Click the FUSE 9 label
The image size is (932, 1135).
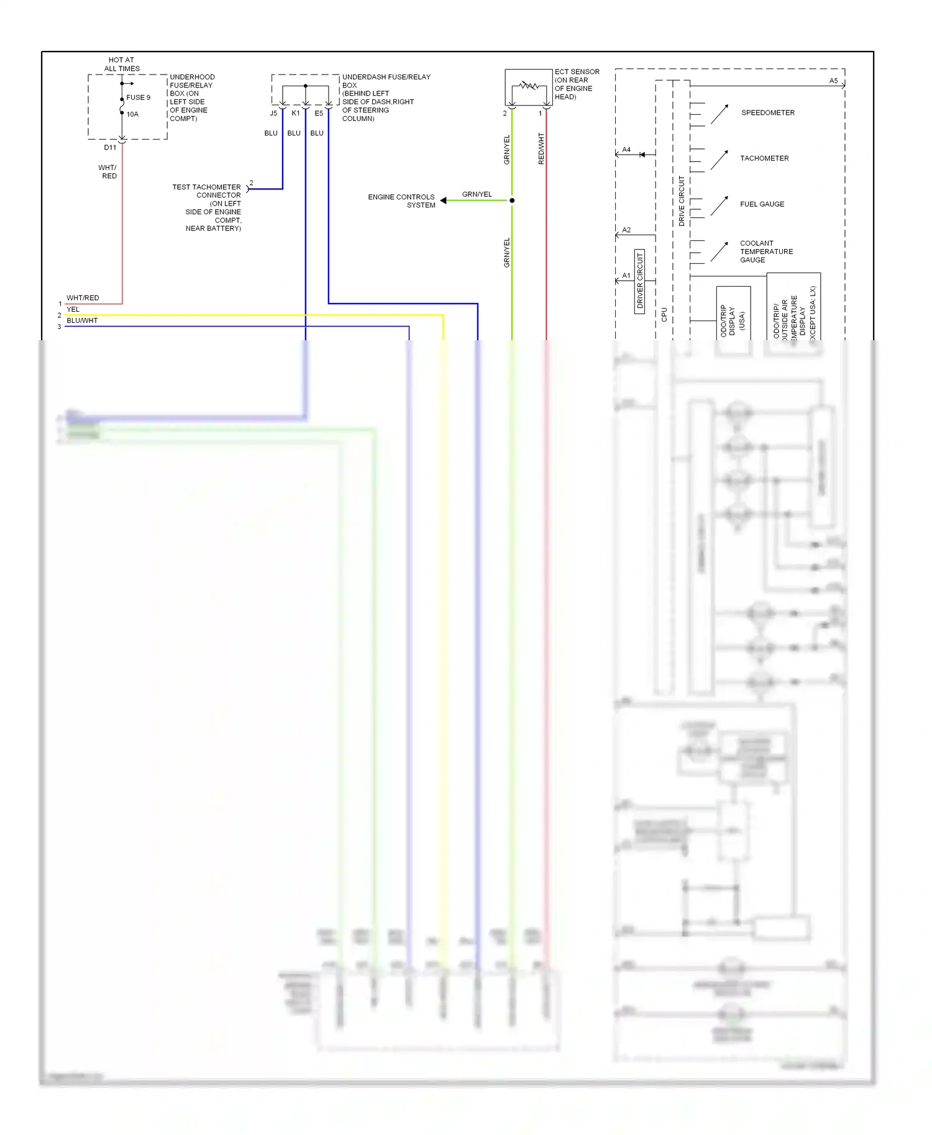pyautogui.click(x=138, y=97)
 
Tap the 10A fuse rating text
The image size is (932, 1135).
pyautogui.click(x=132, y=114)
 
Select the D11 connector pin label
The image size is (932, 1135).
pyautogui.click(x=110, y=148)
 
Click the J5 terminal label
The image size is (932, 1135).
pyautogui.click(x=273, y=114)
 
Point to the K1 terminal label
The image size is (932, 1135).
pyautogui.click(x=296, y=114)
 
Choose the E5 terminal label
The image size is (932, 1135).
pyautogui.click(x=319, y=114)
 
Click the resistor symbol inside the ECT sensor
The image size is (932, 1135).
pyautogui.click(x=529, y=85)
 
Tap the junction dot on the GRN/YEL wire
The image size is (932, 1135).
pyautogui.click(x=512, y=201)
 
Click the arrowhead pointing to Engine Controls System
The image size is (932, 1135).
pyautogui.click(x=443, y=201)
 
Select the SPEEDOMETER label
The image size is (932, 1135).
pyautogui.click(x=767, y=113)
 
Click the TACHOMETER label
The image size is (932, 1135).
pyautogui.click(x=764, y=158)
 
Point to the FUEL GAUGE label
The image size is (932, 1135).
pyautogui.click(x=762, y=204)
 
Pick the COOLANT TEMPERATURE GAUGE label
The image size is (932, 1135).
pyautogui.click(x=765, y=251)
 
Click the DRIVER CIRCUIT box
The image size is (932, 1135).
pyautogui.click(x=639, y=281)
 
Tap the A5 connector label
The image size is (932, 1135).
pyautogui.click(x=833, y=81)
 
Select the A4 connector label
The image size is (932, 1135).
pyautogui.click(x=626, y=150)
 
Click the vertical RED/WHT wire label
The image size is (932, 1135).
pyautogui.click(x=541, y=148)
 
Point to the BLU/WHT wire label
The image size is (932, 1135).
pyautogui.click(x=82, y=321)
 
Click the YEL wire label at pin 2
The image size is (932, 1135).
pyautogui.click(x=73, y=310)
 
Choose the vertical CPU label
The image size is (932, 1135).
pyautogui.click(x=664, y=314)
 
